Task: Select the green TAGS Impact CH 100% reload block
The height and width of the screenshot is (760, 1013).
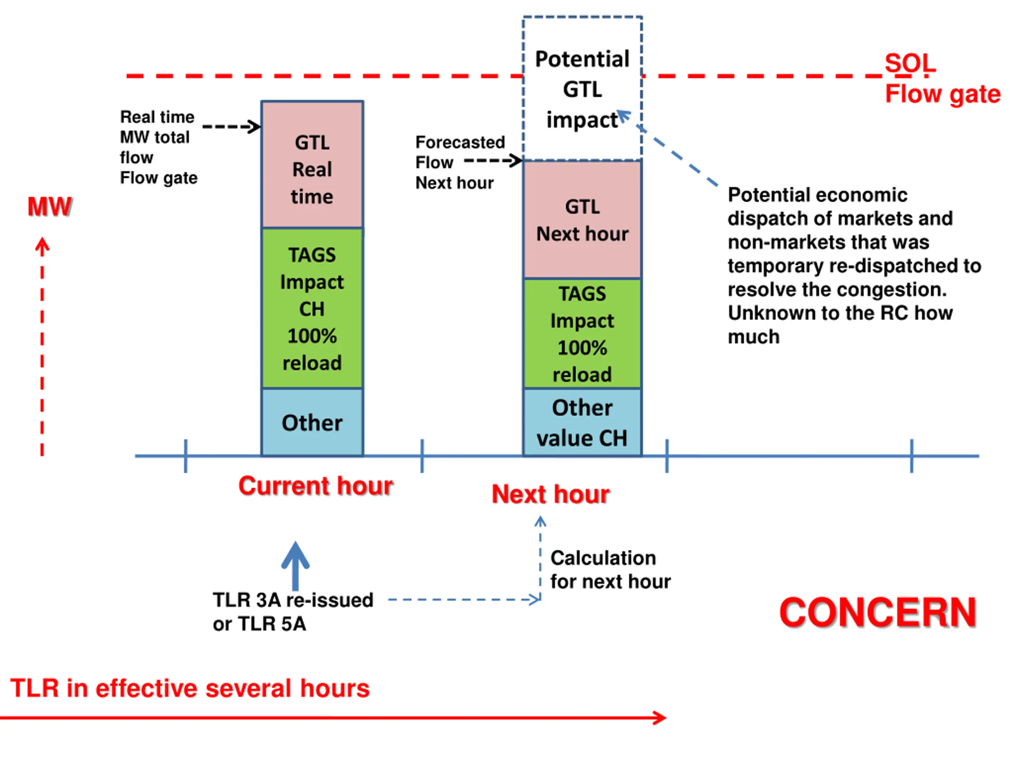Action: click(312, 308)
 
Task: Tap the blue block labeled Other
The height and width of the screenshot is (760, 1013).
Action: click(312, 422)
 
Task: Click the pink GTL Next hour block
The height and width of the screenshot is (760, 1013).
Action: click(582, 220)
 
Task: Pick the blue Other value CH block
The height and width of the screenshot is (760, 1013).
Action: click(582, 422)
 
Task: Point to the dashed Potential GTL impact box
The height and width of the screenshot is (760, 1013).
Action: click(582, 88)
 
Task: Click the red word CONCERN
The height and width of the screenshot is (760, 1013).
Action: click(878, 612)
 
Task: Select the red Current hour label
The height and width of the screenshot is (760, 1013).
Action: click(315, 486)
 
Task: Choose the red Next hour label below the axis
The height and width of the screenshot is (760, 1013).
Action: click(550, 494)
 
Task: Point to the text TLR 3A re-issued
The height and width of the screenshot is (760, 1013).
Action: click(293, 600)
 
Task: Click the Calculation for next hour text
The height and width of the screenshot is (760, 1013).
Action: click(610, 570)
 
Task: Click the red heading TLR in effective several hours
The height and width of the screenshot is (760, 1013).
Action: click(190, 688)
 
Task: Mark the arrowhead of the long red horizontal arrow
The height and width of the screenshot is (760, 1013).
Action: click(660, 718)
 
